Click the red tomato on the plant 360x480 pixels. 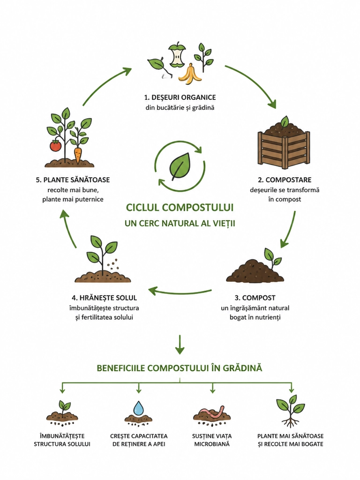click(55, 145)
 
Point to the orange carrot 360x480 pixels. click(78, 155)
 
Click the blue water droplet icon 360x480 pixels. click(138, 408)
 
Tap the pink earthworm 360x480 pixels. click(212, 412)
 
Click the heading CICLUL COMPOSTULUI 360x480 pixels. click(180, 208)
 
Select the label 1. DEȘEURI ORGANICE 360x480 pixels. click(180, 97)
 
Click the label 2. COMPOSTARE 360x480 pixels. click(285, 180)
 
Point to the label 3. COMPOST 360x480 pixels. click(255, 298)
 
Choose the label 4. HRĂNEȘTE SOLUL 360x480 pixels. click(105, 298)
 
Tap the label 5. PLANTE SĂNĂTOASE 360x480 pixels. click(73, 180)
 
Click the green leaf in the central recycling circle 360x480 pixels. click(180, 166)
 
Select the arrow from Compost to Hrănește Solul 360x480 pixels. click(180, 291)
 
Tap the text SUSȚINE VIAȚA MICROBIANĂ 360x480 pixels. click(212, 440)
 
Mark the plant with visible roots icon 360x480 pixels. click(290, 411)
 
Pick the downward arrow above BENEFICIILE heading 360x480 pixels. click(180, 345)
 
